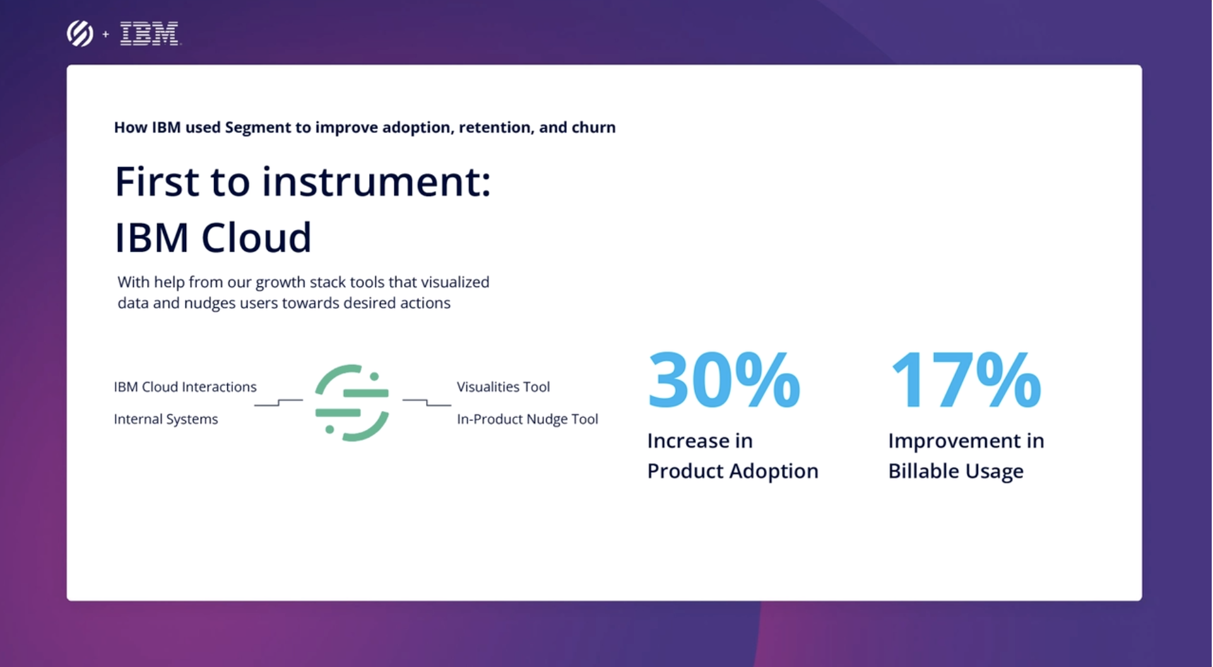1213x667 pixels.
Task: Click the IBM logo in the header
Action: tap(150, 33)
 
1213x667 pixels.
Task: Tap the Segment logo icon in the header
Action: tap(80, 33)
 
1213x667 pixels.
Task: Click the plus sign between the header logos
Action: tap(105, 34)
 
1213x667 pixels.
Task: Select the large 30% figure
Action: tap(724, 380)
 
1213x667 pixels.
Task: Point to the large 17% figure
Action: tap(966, 380)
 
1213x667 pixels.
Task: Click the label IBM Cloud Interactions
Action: tap(185, 386)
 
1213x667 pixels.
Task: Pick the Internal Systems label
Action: tap(166, 419)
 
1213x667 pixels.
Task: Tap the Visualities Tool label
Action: tap(503, 386)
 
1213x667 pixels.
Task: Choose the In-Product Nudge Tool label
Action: tap(527, 419)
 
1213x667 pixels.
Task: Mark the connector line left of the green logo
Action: tap(278, 402)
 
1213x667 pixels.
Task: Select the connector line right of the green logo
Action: tap(427, 402)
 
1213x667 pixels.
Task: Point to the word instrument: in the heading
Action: tap(376, 182)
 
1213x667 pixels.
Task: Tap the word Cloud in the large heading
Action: tap(256, 238)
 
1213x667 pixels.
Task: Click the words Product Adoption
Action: tap(733, 471)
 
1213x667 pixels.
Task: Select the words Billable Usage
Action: tap(956, 471)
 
